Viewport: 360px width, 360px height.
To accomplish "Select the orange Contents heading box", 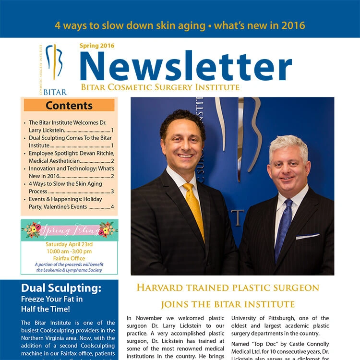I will (69, 105).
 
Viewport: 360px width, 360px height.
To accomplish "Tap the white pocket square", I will (307, 236).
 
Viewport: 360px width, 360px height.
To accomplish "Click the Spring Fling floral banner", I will (69, 230).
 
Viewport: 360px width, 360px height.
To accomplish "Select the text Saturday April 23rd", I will (69, 244).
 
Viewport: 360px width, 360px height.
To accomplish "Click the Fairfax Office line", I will (69, 258).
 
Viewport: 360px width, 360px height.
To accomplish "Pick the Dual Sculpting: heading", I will (61, 288).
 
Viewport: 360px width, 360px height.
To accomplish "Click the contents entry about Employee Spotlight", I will (71, 157).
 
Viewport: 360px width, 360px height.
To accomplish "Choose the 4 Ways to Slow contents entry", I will (71, 187).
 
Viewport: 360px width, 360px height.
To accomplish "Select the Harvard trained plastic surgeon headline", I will (228, 288).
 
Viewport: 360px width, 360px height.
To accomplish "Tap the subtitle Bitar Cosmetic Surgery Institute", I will (160, 87).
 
